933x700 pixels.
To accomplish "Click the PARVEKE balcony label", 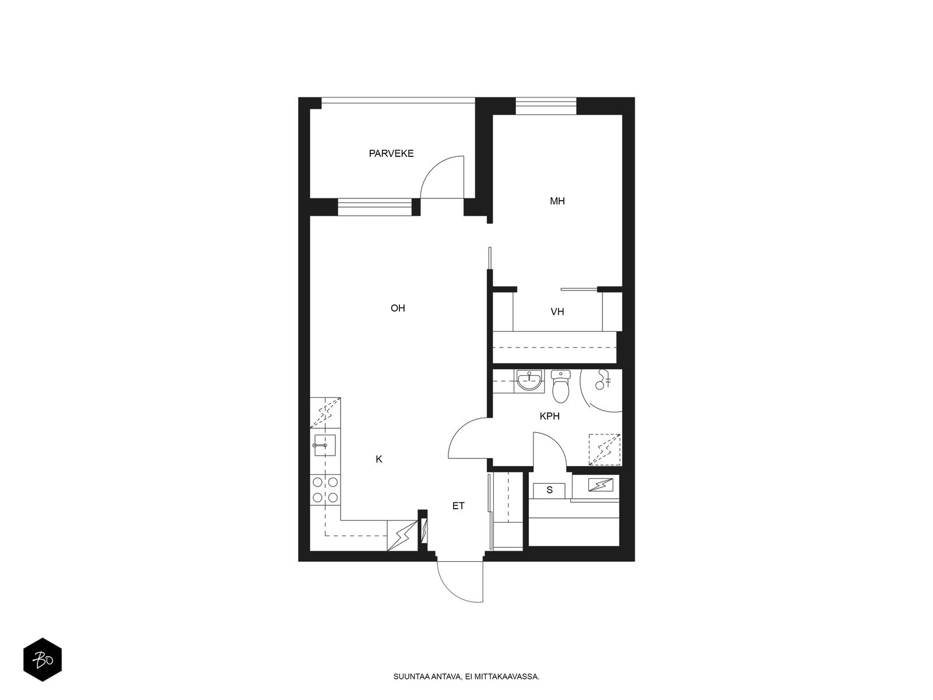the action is point(391,153).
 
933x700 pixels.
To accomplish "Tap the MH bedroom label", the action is point(557,201).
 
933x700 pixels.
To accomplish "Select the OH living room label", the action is point(398,308).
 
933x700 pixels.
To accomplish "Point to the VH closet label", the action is point(557,312).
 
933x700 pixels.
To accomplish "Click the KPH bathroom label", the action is point(550,416).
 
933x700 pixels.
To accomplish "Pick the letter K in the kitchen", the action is point(378,459).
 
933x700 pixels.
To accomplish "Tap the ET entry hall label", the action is point(458,506).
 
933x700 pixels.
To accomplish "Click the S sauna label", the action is point(550,490).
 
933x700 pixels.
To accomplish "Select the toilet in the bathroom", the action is point(560,386).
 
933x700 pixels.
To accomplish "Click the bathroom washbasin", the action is point(529,380).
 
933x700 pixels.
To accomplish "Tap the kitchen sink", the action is point(325,445).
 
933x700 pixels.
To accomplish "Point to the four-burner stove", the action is point(325,489).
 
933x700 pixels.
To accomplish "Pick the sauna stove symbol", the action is point(600,485).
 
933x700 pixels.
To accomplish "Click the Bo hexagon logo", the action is point(43,660).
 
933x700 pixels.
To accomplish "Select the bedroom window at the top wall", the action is point(546,106).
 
